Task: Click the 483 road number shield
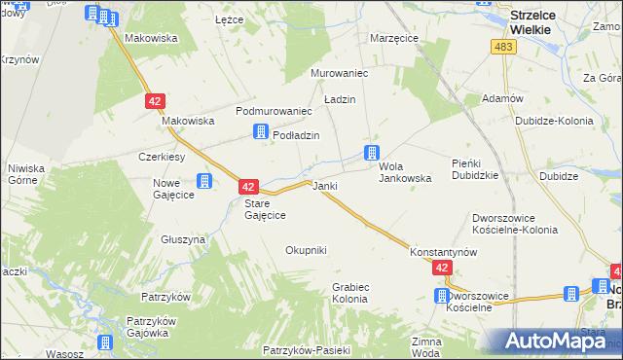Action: pyautogui.click(x=503, y=48)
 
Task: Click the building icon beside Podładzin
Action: pyautogui.click(x=260, y=133)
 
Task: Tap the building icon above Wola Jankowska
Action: pyautogui.click(x=371, y=152)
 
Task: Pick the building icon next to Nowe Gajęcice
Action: pyautogui.click(x=204, y=181)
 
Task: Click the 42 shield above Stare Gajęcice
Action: pyautogui.click(x=248, y=186)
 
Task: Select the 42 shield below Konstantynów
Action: pyautogui.click(x=443, y=268)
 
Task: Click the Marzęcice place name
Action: pyautogui.click(x=394, y=38)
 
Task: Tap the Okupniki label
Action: pyautogui.click(x=306, y=250)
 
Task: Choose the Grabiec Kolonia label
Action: pyautogui.click(x=349, y=293)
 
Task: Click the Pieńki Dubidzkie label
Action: pyautogui.click(x=475, y=169)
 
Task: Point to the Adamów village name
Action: pyautogui.click(x=503, y=99)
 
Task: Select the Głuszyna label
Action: pyautogui.click(x=183, y=238)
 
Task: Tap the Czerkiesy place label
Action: pyautogui.click(x=162, y=157)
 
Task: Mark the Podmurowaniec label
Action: pyautogui.click(x=273, y=111)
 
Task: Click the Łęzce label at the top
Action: pyautogui.click(x=229, y=19)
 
